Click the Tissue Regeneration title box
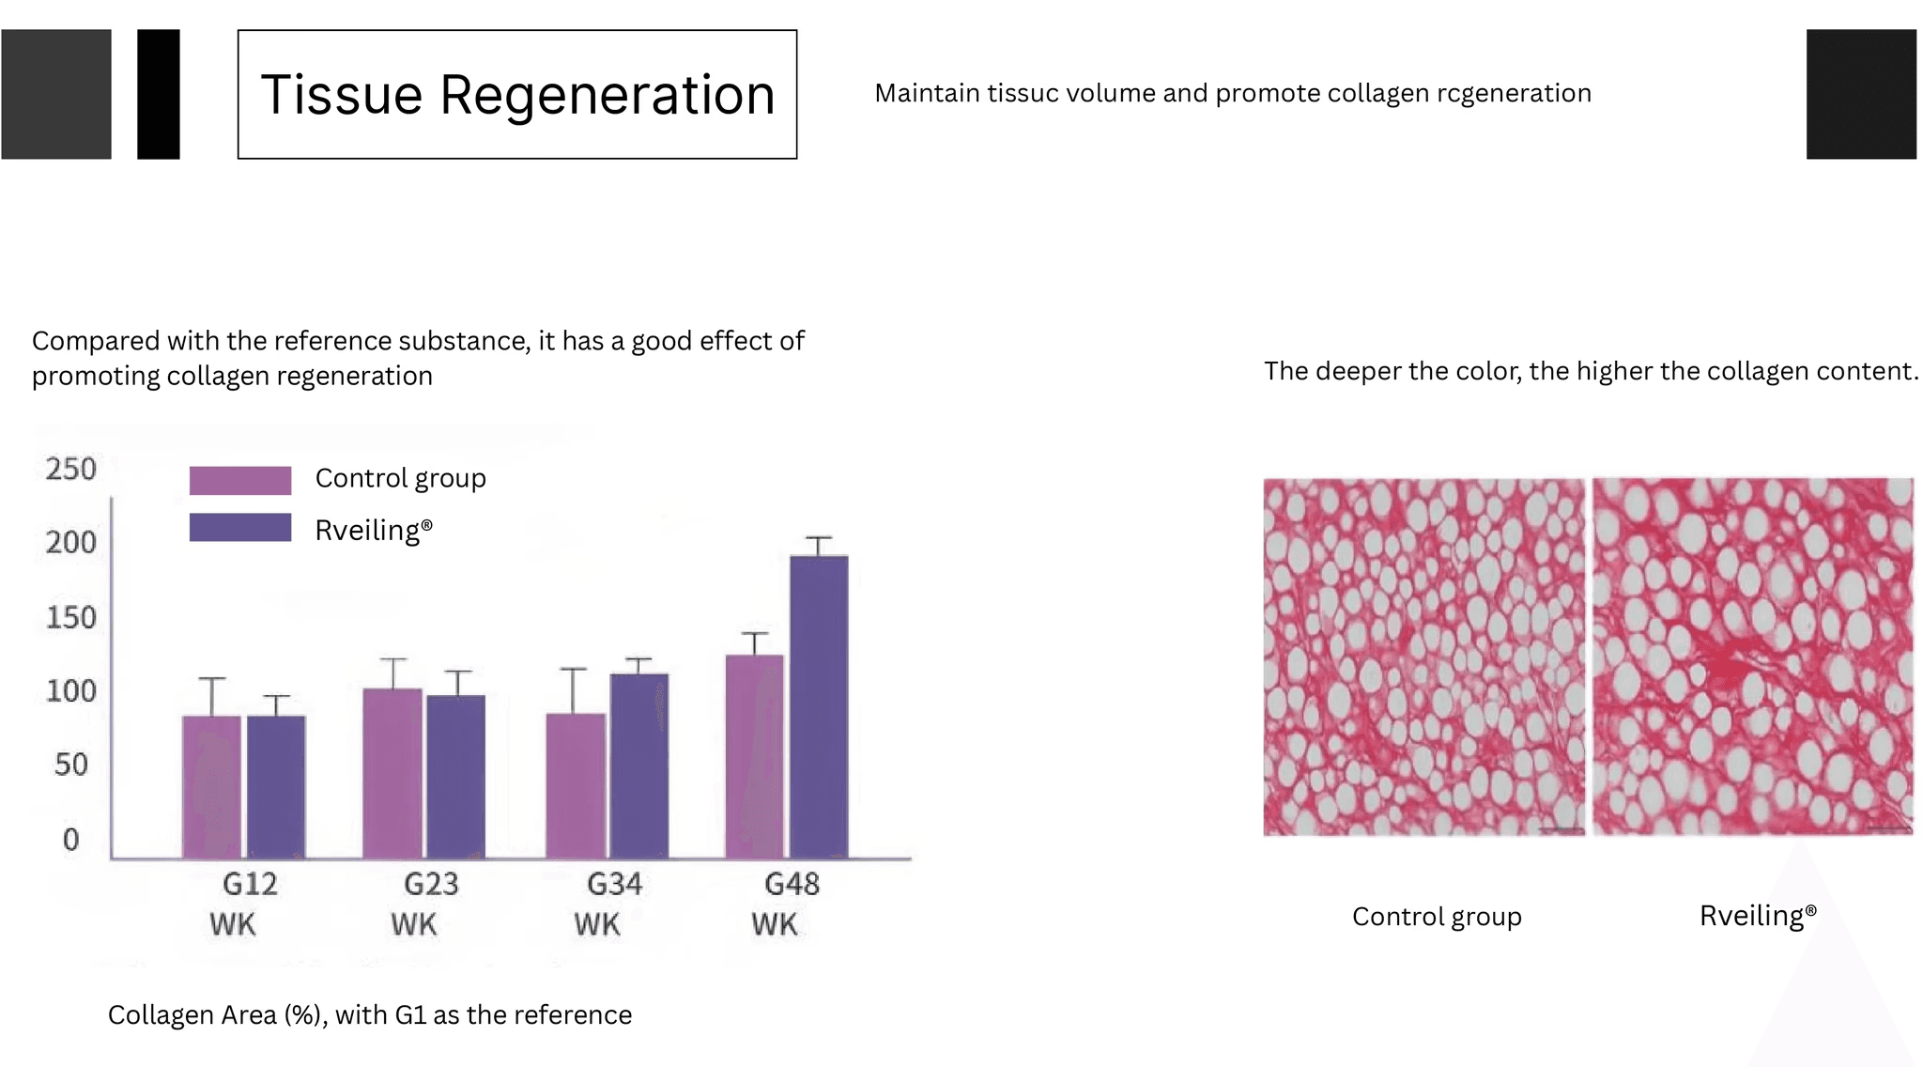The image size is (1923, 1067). (x=516, y=94)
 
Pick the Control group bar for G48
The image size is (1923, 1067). (x=754, y=756)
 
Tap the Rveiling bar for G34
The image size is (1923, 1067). (x=638, y=765)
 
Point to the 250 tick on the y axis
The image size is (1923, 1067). (x=71, y=469)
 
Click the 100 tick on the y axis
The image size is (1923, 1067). (x=71, y=691)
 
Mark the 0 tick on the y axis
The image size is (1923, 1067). (x=71, y=839)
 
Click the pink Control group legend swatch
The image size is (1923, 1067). (x=240, y=480)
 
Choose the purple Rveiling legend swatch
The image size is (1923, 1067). (x=240, y=527)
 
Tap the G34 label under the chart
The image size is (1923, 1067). (x=614, y=884)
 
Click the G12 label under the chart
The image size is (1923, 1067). (x=250, y=884)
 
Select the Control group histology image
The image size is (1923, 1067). (x=1423, y=657)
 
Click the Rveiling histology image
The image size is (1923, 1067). (x=1753, y=657)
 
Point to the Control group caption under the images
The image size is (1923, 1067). (x=1437, y=917)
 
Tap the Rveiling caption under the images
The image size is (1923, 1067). (x=1758, y=916)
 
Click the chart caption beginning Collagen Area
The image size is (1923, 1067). (x=370, y=1015)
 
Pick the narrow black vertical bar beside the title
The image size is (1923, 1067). (x=159, y=94)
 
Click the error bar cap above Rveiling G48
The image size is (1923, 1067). (x=819, y=538)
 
